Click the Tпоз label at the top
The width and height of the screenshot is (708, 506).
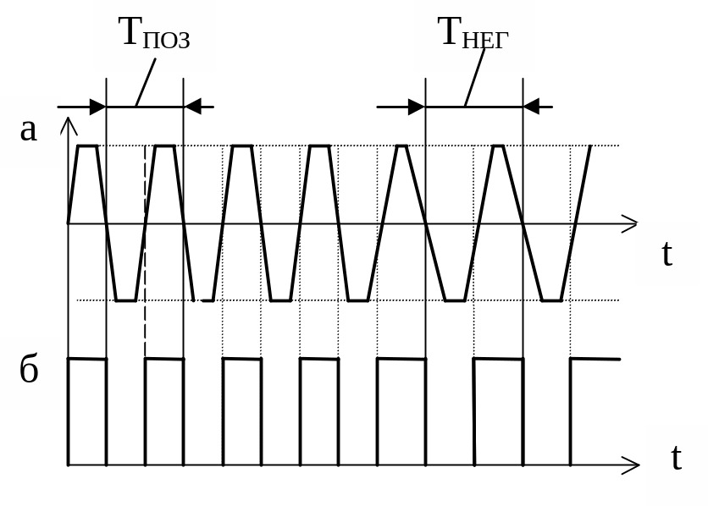coord(154,33)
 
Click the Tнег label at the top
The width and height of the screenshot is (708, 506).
coord(473,33)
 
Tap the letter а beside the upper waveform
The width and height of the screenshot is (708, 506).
coord(29,129)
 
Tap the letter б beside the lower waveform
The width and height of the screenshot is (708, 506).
coord(29,370)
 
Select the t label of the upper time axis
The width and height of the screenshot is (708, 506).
coord(667,253)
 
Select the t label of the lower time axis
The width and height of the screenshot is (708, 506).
coord(676,458)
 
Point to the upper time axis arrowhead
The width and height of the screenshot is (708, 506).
coord(630,223)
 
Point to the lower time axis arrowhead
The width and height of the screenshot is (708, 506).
coord(630,465)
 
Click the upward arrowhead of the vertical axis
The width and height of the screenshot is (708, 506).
coord(69,127)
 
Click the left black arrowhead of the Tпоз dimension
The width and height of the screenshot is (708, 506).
coord(97,107)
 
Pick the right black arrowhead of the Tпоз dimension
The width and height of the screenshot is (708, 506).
coord(192,107)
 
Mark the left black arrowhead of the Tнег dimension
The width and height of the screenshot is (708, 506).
coord(416,107)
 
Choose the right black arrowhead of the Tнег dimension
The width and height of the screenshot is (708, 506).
coord(531,107)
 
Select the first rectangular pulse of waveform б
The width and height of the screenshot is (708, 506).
coord(87,412)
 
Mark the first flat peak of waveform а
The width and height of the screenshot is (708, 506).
coord(87,146)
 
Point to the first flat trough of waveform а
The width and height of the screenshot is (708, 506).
coord(125,300)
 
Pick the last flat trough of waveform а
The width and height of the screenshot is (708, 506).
coord(551,300)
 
